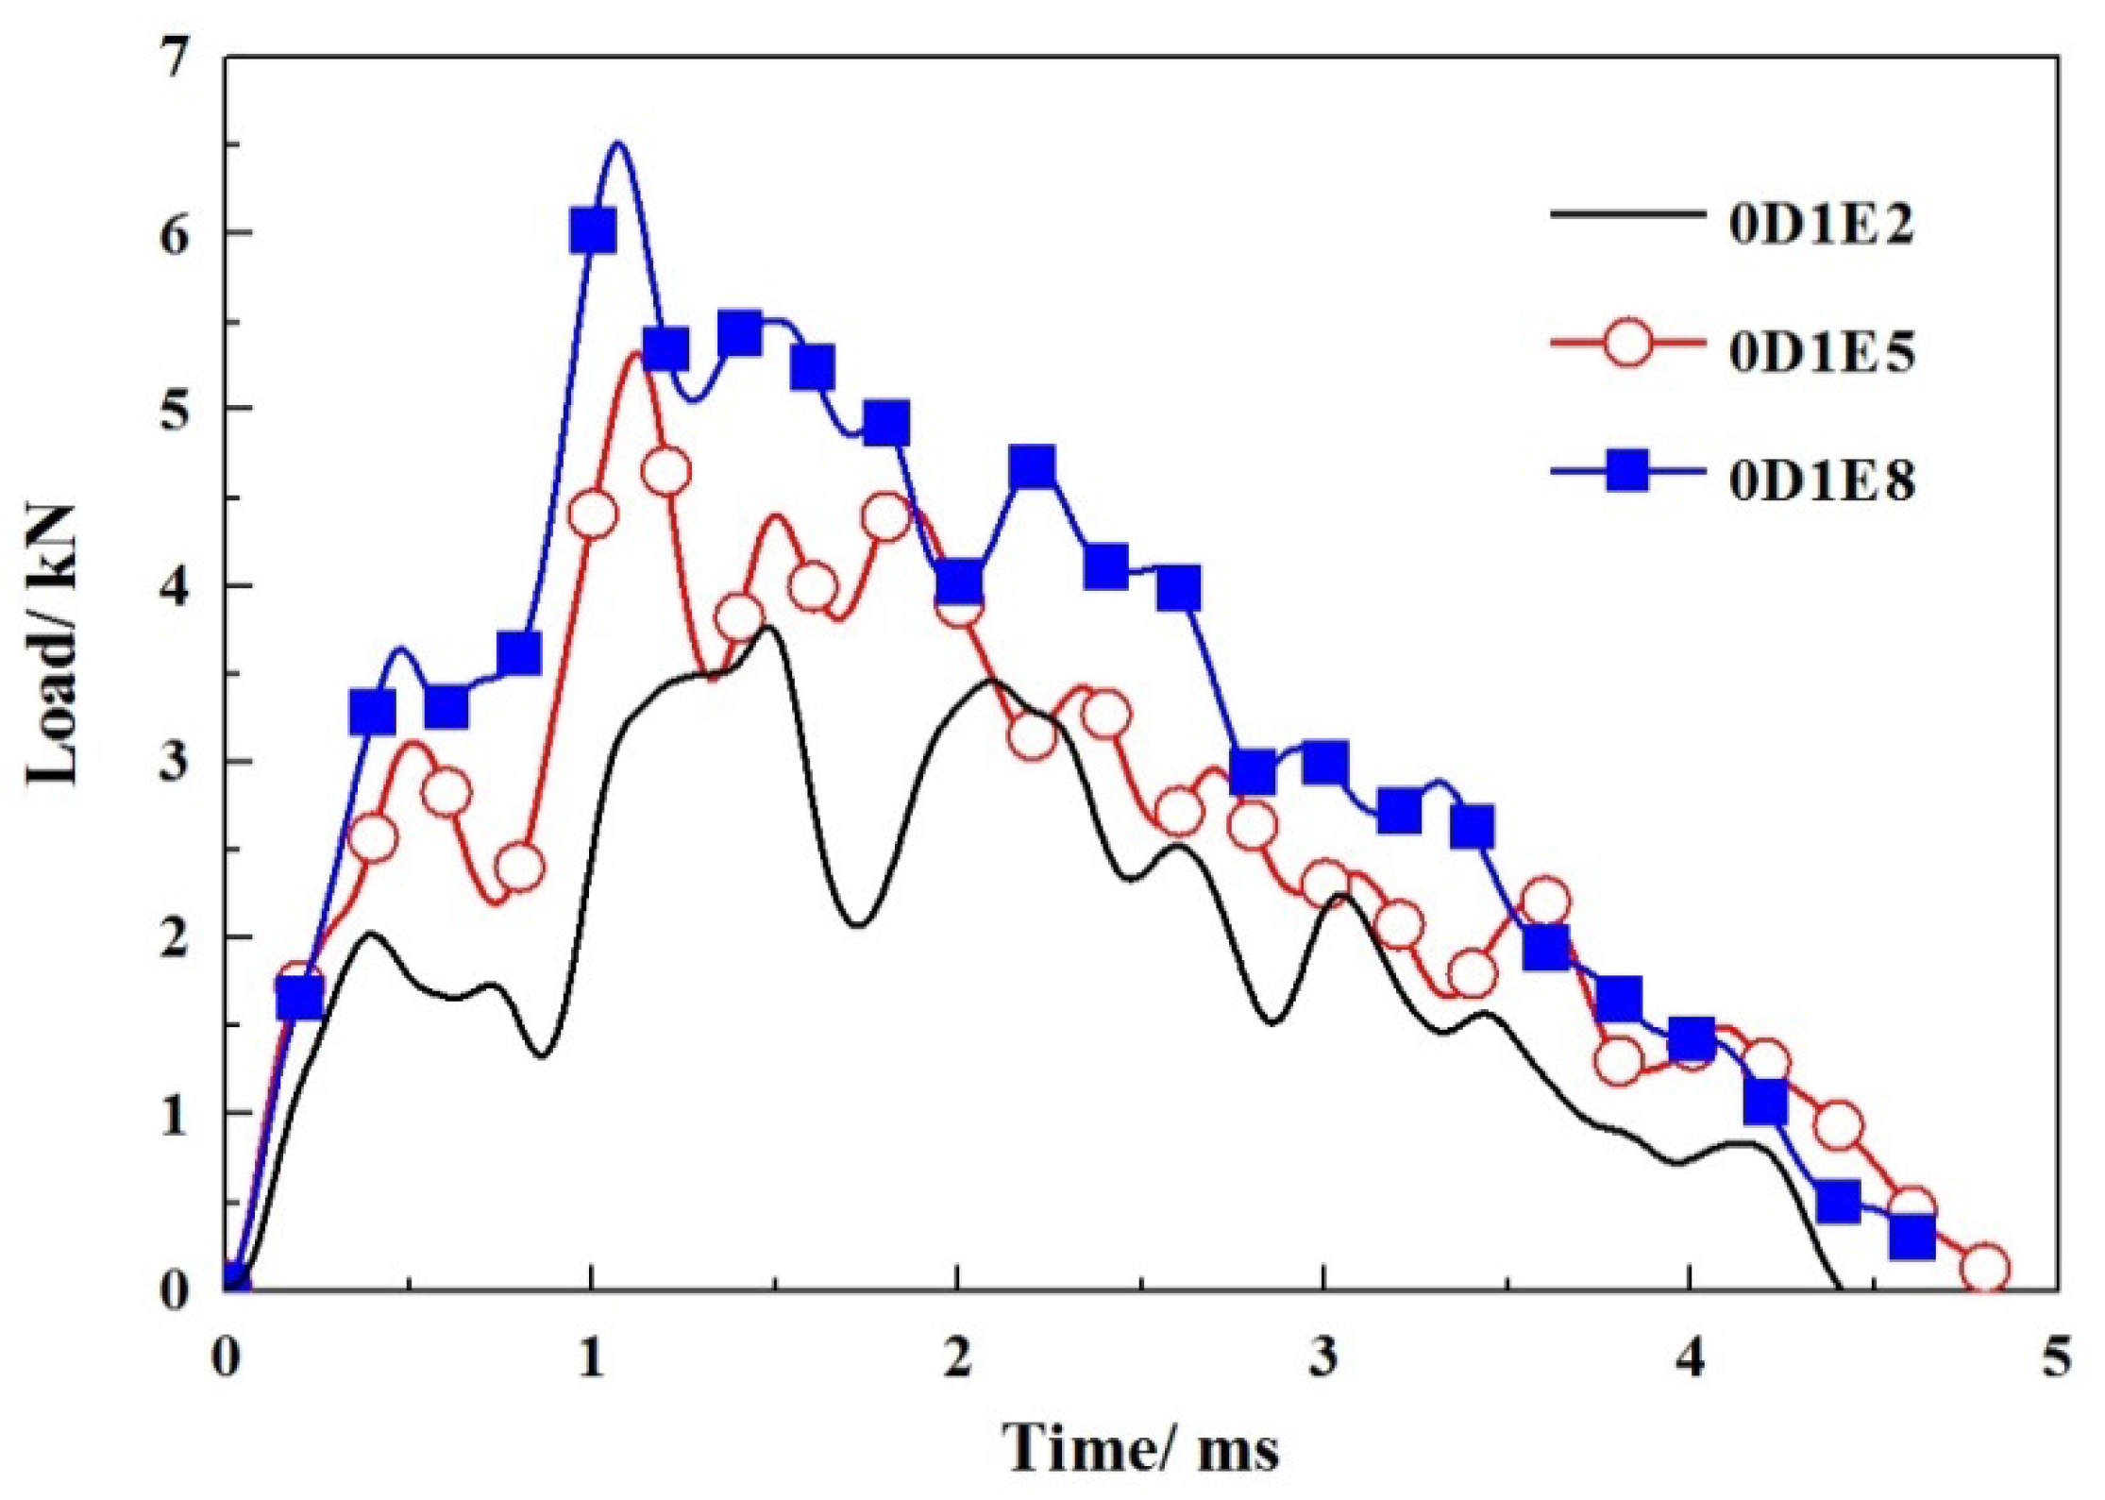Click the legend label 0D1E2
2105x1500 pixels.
tap(1821, 227)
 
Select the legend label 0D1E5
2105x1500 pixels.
tap(1821, 353)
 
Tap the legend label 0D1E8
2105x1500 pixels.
tap(1821, 480)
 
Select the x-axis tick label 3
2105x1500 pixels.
tap(1323, 1360)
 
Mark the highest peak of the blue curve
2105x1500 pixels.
tap(618, 143)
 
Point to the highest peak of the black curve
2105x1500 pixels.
tap(769, 627)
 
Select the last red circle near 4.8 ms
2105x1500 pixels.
tap(1984, 1268)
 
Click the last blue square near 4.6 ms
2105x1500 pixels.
tap(1912, 1238)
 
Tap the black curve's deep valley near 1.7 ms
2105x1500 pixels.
tap(857, 925)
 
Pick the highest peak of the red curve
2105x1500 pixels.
tap(639, 353)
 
